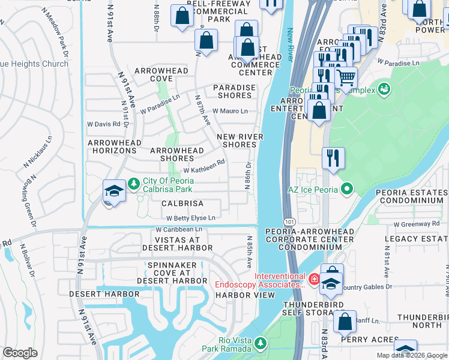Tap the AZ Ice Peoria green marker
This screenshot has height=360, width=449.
pos(346,190)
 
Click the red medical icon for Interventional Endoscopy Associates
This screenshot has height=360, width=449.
pos(313,278)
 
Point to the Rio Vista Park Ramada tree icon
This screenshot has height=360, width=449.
pos(260,343)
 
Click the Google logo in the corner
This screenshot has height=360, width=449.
pos(20,353)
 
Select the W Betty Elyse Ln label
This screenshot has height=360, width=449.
pos(190,218)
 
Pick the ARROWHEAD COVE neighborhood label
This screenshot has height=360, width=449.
pos(161,74)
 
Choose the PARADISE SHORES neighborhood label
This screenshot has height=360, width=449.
pos(234,91)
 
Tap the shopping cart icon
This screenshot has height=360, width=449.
pos(346,77)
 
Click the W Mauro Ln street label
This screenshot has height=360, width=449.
pos(228,111)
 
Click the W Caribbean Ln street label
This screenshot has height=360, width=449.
pos(179,229)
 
